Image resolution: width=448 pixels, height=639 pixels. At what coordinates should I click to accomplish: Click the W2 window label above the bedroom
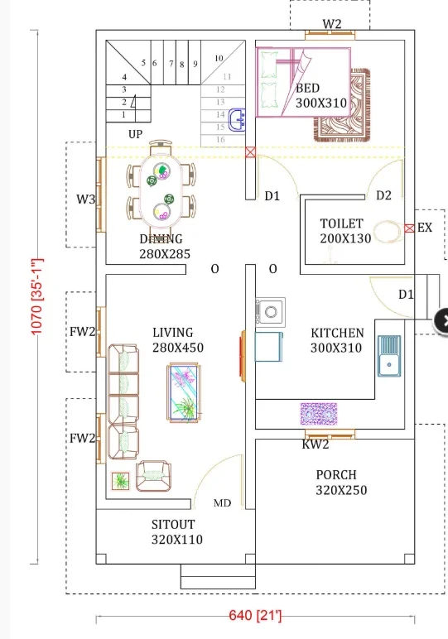(x=332, y=24)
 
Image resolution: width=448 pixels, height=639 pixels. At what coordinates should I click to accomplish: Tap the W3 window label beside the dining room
(x=85, y=199)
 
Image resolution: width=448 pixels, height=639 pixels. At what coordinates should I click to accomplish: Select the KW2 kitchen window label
(x=316, y=444)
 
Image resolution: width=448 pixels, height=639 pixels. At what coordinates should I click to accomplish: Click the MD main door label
(x=222, y=503)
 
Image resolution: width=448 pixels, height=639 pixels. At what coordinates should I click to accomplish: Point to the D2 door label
(x=383, y=195)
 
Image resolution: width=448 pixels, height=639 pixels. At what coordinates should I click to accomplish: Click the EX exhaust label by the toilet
(x=424, y=228)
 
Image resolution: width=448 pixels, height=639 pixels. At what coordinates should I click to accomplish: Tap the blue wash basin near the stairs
(x=237, y=120)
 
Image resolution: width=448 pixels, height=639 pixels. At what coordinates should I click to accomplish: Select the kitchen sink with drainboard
(x=389, y=356)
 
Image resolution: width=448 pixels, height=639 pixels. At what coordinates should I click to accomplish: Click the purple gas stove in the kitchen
(x=319, y=414)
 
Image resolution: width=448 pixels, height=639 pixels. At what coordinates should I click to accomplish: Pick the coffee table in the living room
(x=184, y=392)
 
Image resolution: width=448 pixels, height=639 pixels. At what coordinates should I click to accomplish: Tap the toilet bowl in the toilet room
(x=388, y=232)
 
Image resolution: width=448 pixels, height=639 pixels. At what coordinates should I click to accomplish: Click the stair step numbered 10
(x=219, y=58)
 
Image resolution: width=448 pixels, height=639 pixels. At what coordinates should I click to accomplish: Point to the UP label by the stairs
(x=135, y=134)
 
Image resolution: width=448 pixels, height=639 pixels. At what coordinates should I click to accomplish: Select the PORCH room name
(x=336, y=475)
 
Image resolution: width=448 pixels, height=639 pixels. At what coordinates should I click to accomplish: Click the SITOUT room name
(x=173, y=525)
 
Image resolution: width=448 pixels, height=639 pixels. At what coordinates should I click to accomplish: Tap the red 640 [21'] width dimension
(x=255, y=615)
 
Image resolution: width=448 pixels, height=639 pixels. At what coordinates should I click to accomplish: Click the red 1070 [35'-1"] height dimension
(x=36, y=296)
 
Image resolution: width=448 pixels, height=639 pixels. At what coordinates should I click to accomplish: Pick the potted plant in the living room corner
(x=121, y=481)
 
